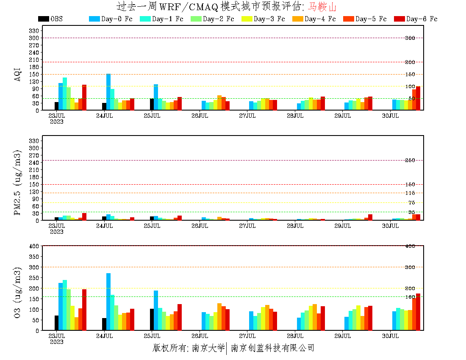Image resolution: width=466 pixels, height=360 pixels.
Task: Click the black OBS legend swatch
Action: (43, 19)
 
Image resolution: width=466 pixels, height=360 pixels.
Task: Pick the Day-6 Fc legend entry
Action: (416, 19)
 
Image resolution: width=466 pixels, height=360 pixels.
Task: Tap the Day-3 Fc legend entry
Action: (263, 19)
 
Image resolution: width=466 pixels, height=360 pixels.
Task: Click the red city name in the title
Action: (322, 7)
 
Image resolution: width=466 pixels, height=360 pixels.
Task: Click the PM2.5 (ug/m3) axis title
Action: (18, 182)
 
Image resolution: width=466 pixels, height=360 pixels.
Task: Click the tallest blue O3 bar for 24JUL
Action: (108, 302)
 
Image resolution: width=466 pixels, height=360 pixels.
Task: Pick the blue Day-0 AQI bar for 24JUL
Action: (108, 92)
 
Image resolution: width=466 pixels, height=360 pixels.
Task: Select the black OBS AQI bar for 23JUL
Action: (56, 106)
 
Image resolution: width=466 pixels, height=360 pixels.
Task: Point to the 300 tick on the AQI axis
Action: (34, 38)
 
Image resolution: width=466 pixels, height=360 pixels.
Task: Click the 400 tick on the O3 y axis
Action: (34, 246)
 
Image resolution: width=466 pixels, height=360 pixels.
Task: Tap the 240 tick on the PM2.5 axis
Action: (34, 162)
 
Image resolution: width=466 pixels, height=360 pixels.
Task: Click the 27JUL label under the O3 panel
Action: (247, 336)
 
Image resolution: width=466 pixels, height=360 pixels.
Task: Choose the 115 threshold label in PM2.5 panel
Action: (410, 194)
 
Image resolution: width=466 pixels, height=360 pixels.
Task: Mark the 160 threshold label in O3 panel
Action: (410, 297)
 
